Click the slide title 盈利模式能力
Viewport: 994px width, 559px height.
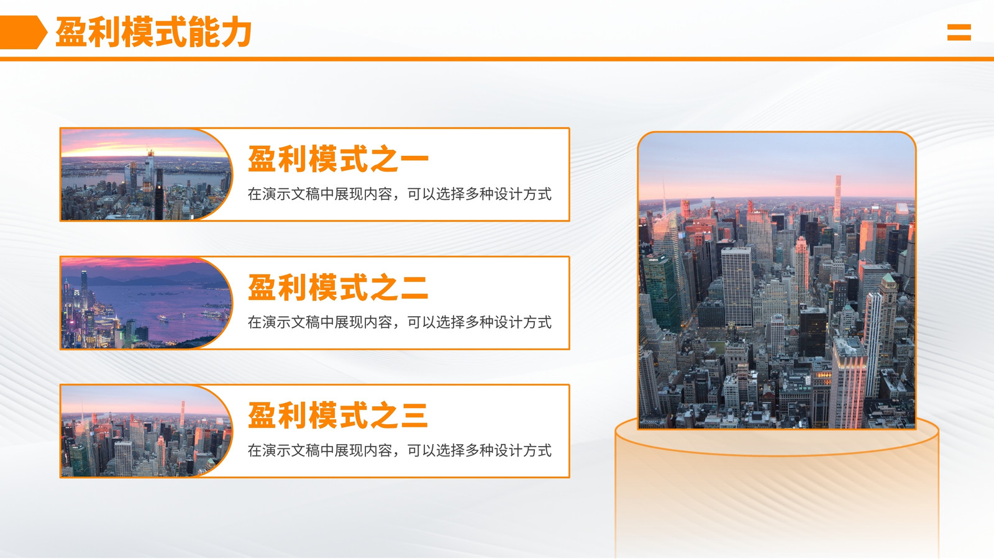coord(153,32)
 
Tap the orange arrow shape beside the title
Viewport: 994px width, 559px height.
coord(23,32)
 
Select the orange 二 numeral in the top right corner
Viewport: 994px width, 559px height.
coord(959,32)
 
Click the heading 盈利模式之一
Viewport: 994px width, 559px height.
coord(338,159)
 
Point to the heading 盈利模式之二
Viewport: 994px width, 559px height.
coord(338,287)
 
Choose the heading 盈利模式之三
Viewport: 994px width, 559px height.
coord(338,416)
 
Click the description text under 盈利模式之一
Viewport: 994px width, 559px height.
coord(399,194)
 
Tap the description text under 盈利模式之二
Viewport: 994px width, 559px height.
coord(399,322)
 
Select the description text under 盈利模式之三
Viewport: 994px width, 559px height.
coord(399,450)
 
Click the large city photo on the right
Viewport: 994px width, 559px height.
coord(777,280)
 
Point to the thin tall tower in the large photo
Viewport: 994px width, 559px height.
coord(838,198)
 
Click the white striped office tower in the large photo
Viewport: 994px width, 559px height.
coord(737,287)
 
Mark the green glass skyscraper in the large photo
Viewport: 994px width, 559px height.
coord(661,293)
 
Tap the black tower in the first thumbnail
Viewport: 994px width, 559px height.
coord(159,195)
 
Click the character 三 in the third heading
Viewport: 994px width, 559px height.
coord(414,416)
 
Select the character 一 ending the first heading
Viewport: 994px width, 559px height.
coord(414,159)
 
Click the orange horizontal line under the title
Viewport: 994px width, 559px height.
coord(497,59)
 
